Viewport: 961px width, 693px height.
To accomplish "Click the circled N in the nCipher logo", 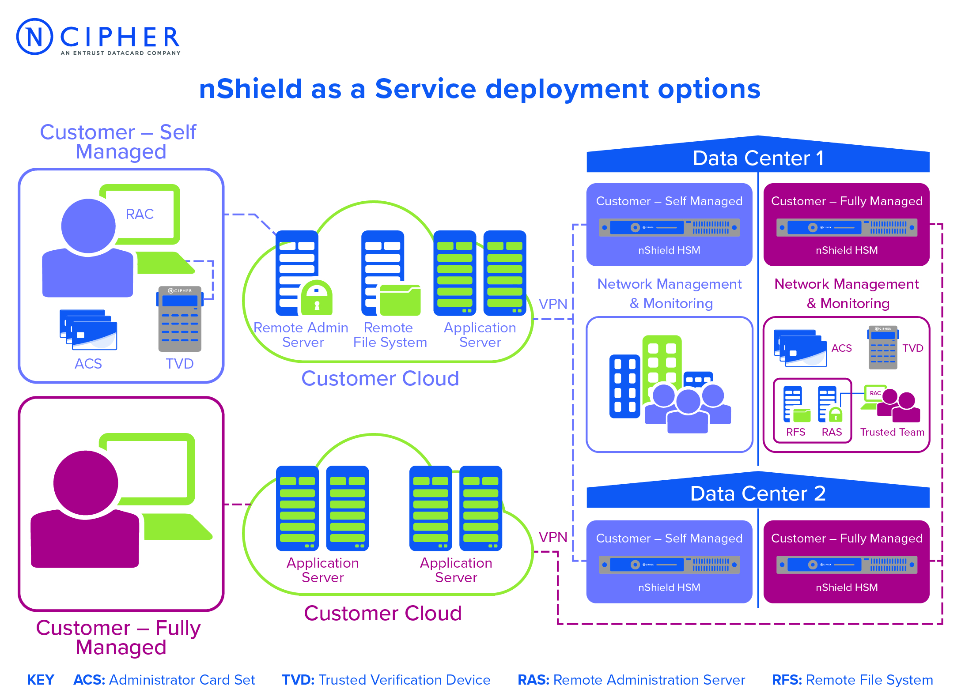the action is click(34, 37).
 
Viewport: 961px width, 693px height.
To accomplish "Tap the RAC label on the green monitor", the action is click(140, 214).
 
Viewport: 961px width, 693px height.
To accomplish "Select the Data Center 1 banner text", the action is click(758, 158).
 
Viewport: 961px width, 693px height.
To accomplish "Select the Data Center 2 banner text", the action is click(758, 493).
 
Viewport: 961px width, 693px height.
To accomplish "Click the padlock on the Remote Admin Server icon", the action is click(317, 298).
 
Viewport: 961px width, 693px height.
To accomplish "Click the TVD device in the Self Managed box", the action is click(180, 319).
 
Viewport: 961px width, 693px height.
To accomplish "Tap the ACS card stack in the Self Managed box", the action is click(88, 330).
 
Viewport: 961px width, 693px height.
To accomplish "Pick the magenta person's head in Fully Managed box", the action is click(86, 482).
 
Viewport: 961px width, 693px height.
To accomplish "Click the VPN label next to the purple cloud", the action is click(553, 304).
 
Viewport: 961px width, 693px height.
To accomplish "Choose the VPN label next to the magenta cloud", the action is click(553, 537).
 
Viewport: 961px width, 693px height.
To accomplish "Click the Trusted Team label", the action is click(892, 432).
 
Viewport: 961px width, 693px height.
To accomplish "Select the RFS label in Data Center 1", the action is click(796, 432).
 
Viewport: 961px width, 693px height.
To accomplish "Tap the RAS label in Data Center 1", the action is click(832, 432).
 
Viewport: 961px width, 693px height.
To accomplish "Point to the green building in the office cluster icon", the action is click(662, 366).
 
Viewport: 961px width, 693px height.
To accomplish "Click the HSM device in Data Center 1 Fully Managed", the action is click(847, 227).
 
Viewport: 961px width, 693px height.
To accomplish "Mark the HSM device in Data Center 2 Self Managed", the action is click(669, 565).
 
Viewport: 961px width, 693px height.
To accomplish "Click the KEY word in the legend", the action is click(41, 680).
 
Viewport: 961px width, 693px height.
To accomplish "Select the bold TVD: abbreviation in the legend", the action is click(298, 680).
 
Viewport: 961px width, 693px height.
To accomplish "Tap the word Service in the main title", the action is click(425, 89).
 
